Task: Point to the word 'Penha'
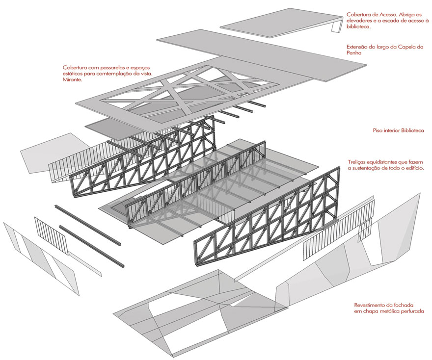click(354, 53)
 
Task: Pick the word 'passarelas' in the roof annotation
click(109, 67)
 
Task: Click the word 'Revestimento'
click(372, 305)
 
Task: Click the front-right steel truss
click(265, 221)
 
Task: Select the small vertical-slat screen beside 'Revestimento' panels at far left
click(51, 235)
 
